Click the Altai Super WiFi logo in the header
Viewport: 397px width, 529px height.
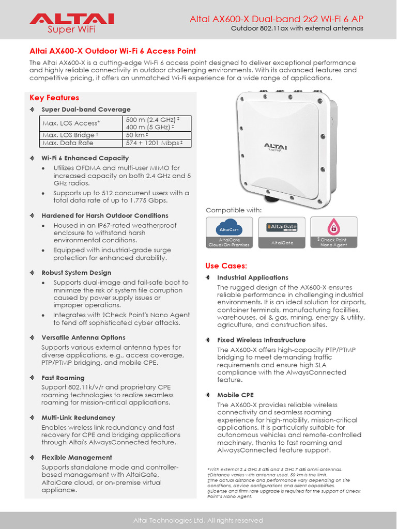point(71,23)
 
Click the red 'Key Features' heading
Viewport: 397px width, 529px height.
point(54,98)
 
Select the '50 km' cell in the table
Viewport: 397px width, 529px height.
point(136,135)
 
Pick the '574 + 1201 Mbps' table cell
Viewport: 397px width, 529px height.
point(154,143)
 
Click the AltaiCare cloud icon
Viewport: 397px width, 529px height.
point(229,228)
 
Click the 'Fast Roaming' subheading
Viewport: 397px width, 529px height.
point(63,378)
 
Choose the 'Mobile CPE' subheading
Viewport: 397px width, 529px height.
point(235,395)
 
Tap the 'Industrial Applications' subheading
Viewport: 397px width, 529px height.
point(252,277)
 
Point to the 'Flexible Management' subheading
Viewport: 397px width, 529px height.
point(77,457)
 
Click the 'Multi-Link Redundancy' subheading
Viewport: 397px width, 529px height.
point(78,417)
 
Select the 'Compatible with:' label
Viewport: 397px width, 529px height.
point(234,210)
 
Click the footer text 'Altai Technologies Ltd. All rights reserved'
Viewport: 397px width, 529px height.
point(198,520)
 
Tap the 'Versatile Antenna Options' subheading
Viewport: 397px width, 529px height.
point(83,337)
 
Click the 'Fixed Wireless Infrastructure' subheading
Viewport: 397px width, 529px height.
point(261,340)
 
